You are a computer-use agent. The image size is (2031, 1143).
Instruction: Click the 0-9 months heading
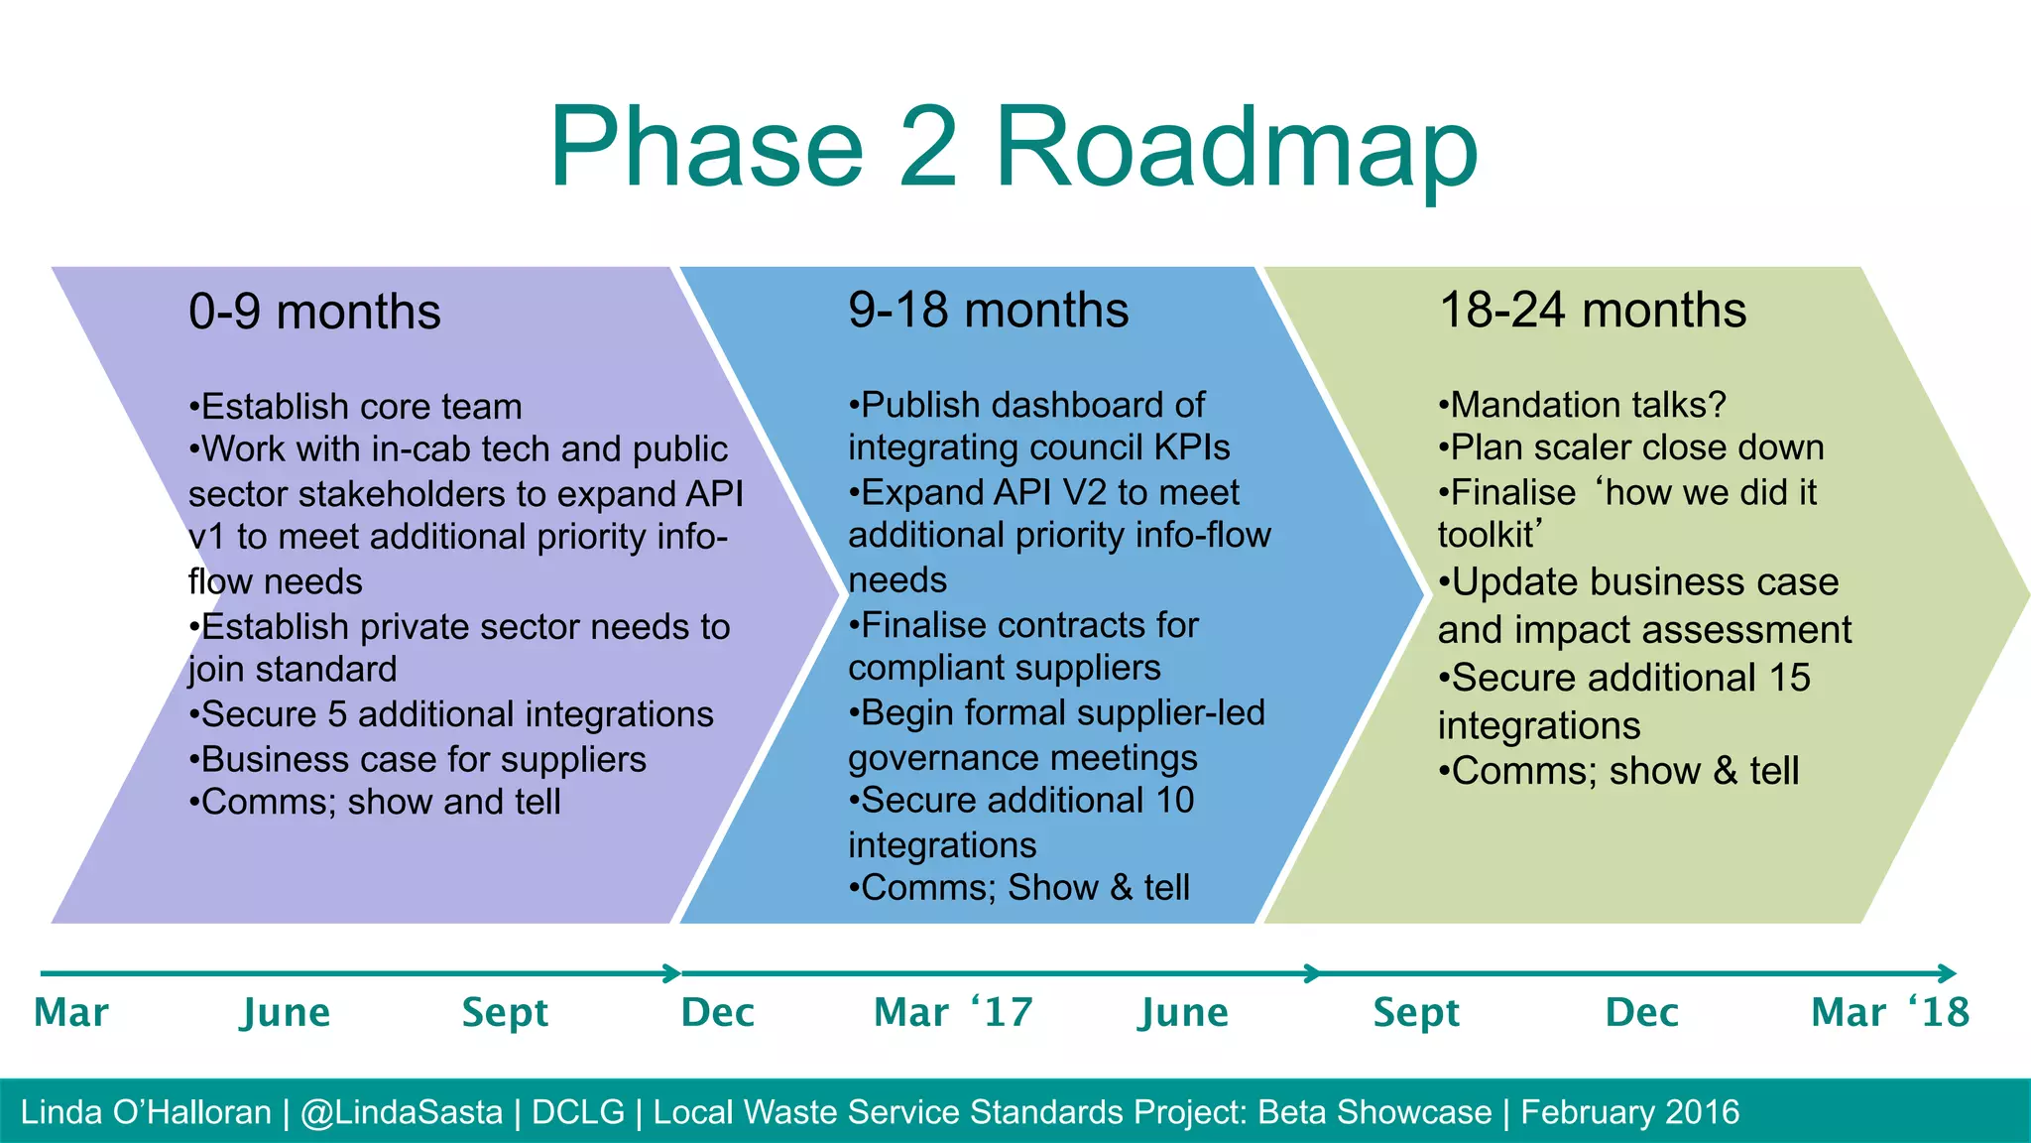point(314,312)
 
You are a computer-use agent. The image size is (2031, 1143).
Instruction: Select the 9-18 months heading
point(988,310)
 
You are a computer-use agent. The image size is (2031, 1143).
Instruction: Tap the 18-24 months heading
point(1592,310)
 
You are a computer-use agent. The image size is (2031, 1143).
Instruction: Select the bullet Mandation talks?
point(1584,405)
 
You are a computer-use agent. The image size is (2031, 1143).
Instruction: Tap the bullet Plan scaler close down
point(1632,447)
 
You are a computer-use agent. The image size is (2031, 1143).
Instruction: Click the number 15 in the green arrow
point(1789,679)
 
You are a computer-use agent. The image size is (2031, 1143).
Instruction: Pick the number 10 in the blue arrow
point(1174,801)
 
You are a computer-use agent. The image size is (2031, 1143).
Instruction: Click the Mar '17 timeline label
point(953,1013)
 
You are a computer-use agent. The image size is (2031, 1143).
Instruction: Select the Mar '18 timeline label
point(1889,1013)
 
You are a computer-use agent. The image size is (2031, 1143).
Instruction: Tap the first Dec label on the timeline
point(718,1013)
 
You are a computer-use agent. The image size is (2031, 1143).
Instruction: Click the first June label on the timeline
point(286,1013)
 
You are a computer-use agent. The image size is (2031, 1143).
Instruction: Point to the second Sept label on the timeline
point(1416,1013)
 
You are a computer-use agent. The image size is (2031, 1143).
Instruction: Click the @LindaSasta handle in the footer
point(402,1112)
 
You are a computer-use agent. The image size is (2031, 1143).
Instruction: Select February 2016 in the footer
point(1629,1112)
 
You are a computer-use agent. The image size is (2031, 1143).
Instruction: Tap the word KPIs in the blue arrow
point(1191,447)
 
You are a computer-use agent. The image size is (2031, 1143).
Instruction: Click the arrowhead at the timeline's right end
point(1948,973)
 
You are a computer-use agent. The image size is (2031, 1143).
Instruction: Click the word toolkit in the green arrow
point(1486,536)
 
